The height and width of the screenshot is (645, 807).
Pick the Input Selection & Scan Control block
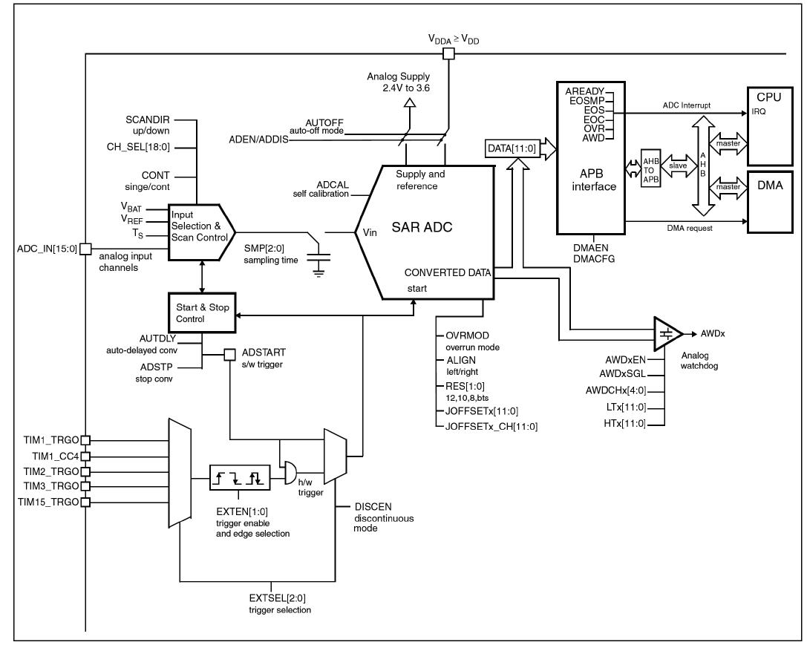[199, 232]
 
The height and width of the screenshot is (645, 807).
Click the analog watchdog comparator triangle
[667, 334]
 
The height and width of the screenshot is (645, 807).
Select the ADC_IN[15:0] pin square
[85, 248]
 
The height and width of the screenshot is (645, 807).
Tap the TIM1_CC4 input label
[50, 455]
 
